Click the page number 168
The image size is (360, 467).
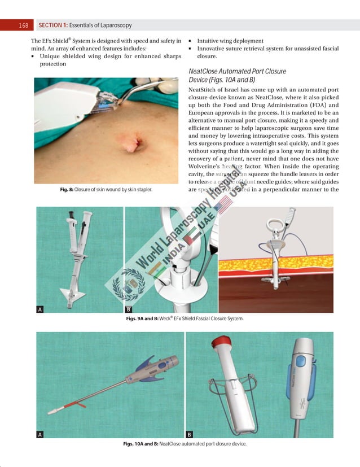(23, 25)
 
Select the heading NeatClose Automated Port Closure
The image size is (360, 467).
(237, 72)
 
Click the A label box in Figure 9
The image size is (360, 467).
(40, 309)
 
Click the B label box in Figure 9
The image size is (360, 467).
(128, 309)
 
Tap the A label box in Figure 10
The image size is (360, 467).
(40, 434)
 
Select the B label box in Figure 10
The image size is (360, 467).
(190, 434)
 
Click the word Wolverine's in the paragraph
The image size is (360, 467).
(208, 168)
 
